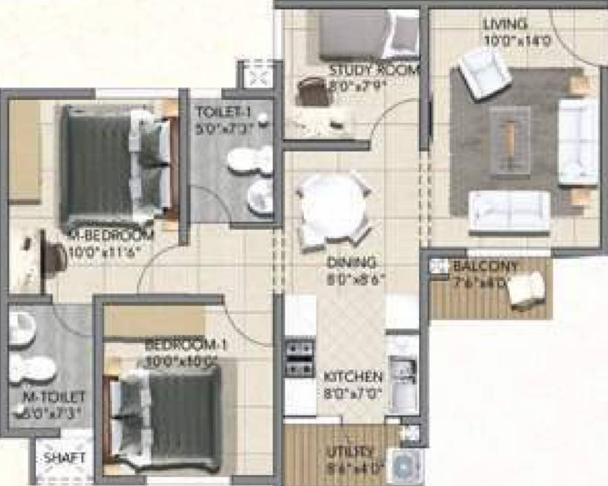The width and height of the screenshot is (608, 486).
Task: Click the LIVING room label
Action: [505, 25]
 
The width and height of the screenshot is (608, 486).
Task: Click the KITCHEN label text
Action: [353, 377]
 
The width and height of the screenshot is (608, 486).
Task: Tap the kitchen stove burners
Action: [299, 358]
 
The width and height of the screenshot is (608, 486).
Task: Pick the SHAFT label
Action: [63, 458]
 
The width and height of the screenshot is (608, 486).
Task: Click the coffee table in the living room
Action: [509, 140]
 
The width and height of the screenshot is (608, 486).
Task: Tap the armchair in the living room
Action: [484, 72]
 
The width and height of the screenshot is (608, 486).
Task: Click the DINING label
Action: [352, 262]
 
